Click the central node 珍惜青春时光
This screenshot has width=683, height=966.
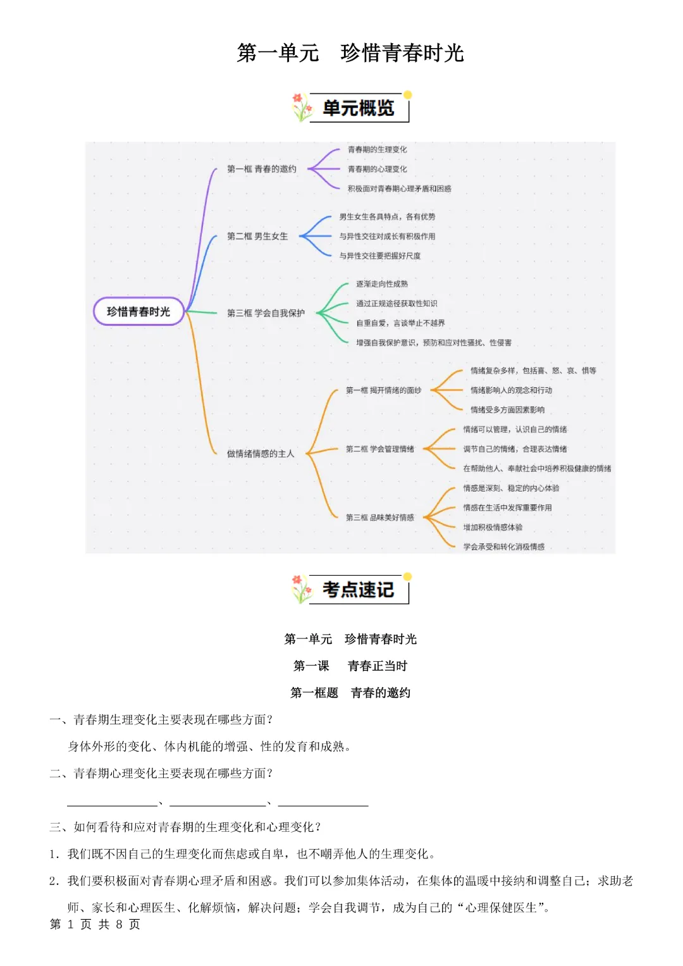tap(138, 311)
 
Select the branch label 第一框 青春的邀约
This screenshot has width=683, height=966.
tap(261, 169)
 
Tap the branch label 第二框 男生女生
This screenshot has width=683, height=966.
tap(257, 236)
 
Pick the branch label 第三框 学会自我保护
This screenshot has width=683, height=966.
tap(266, 313)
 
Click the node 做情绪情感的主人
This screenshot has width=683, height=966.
tap(261, 454)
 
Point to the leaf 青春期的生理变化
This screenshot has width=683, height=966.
tap(377, 149)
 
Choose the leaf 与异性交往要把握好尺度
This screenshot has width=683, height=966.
tap(379, 256)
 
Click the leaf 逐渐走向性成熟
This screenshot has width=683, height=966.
tap(381, 284)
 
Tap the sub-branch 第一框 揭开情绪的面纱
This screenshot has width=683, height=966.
tap(383, 390)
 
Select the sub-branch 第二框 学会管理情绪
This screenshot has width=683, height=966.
tap(379, 449)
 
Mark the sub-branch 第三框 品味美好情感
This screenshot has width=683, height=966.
tap(379, 517)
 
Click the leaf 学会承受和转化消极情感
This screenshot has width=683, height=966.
tap(503, 547)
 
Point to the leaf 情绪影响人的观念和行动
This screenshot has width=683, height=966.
tap(511, 390)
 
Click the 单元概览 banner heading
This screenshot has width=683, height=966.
tap(359, 108)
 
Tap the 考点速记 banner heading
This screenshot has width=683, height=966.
tap(359, 590)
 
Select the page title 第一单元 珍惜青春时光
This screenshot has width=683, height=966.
tap(350, 53)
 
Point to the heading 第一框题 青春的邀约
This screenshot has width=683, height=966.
tap(350, 693)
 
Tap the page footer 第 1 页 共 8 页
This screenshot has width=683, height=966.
tap(95, 924)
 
